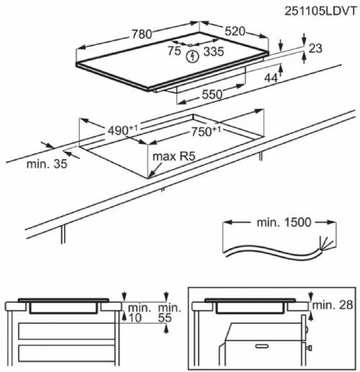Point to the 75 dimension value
(174, 50)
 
